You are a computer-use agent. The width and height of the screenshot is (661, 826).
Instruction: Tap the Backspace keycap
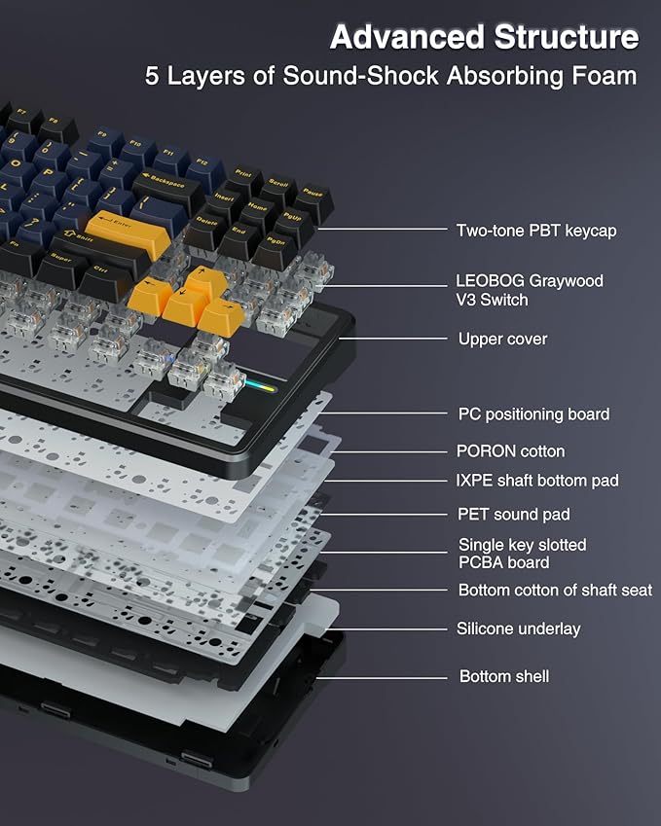168,184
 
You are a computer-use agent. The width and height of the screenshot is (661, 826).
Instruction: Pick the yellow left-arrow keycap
148,292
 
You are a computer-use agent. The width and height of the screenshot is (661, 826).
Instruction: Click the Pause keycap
312,195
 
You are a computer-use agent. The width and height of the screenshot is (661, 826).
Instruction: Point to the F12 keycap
202,164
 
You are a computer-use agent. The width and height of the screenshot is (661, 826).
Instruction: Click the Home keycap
258,208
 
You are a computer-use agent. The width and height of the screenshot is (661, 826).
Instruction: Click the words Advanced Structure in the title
484,37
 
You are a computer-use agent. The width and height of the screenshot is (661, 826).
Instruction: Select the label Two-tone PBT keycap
535,231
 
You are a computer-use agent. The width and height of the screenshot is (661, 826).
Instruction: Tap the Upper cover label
502,339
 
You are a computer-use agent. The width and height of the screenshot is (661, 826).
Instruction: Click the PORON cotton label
510,450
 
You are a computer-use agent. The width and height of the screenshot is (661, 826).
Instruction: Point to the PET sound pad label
514,514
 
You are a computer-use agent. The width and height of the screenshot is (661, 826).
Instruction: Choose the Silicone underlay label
518,628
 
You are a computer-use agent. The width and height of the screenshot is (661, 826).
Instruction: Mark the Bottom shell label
503,675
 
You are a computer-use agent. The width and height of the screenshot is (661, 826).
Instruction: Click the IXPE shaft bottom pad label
537,480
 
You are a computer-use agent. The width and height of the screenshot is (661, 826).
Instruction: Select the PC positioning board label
533,413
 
